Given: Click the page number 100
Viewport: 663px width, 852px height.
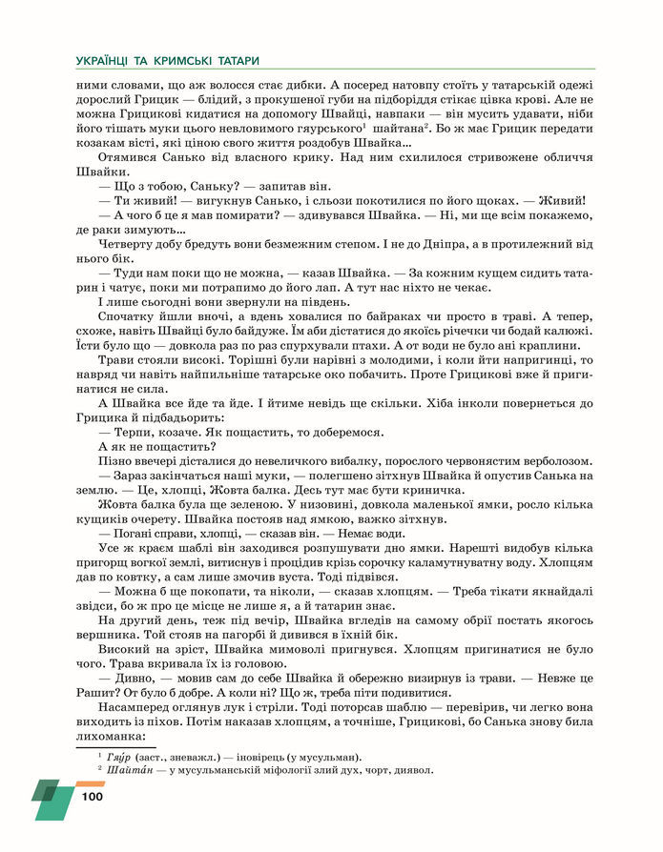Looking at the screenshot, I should pyautogui.click(x=92, y=796).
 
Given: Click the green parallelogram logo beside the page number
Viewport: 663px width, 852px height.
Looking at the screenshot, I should pyautogui.click(x=52, y=799).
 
